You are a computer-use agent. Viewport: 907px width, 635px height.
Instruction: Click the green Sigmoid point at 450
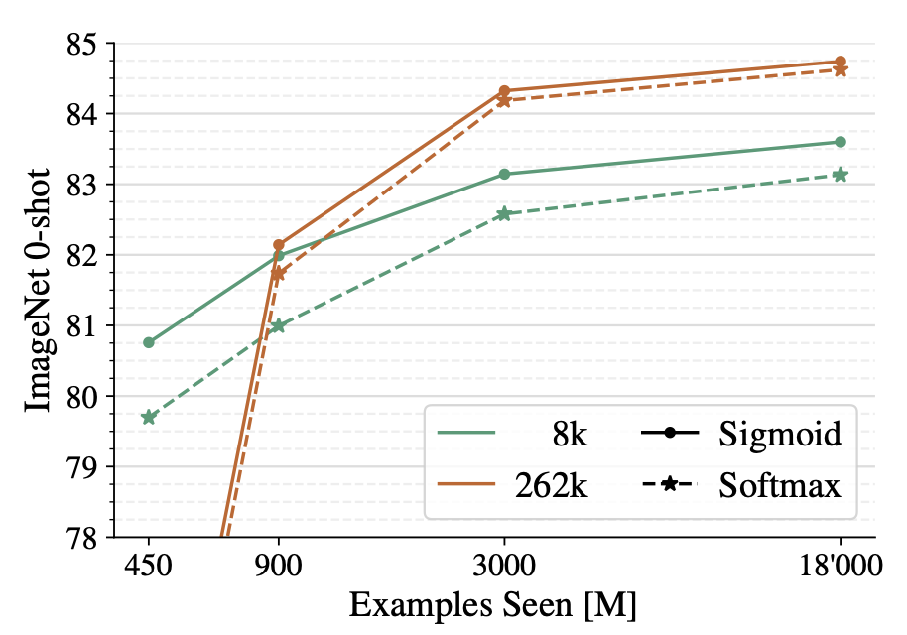pyautogui.click(x=149, y=342)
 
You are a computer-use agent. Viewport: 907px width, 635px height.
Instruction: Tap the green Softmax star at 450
pyautogui.click(x=149, y=417)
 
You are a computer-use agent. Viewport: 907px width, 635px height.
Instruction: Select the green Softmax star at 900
pyautogui.click(x=278, y=325)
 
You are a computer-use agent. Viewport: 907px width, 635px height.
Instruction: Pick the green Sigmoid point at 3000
pyautogui.click(x=504, y=174)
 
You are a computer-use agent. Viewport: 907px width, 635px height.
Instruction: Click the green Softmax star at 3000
pyautogui.click(x=504, y=213)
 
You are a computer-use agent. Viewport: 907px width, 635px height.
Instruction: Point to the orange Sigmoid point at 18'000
pyautogui.click(x=841, y=62)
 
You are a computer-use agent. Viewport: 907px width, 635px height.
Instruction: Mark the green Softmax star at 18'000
pyautogui.click(x=841, y=175)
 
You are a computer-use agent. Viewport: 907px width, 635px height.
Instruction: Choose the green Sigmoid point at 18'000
pyautogui.click(x=841, y=142)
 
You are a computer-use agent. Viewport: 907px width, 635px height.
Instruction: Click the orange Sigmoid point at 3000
pyautogui.click(x=504, y=91)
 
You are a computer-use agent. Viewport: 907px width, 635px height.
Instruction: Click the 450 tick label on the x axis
pyautogui.click(x=149, y=569)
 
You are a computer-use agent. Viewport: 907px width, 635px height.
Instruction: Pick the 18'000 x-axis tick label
pyautogui.click(x=841, y=569)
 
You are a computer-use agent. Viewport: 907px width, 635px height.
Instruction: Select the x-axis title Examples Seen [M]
pyautogui.click(x=493, y=605)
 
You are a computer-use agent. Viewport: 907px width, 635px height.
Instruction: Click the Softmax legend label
pyautogui.click(x=780, y=485)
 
